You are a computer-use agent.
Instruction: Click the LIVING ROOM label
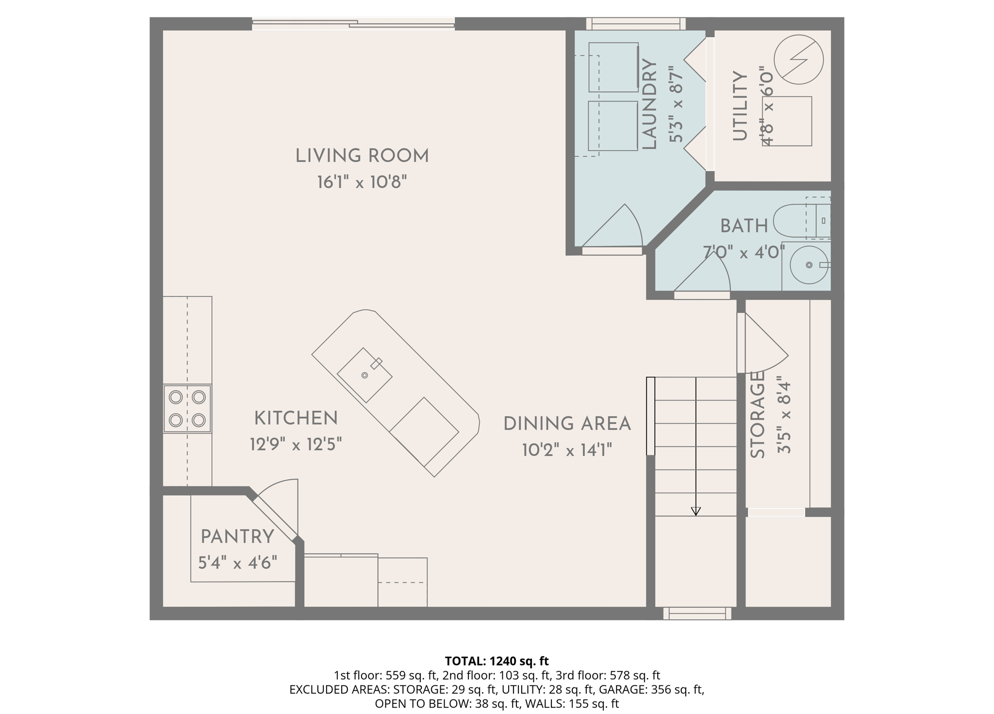tap(362, 156)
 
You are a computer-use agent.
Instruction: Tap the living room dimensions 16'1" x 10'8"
tap(362, 182)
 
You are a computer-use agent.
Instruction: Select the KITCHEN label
tap(296, 418)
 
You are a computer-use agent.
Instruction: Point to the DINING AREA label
tap(567, 424)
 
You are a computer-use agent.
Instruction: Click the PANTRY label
tap(237, 537)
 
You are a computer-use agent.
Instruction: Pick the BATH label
tap(744, 226)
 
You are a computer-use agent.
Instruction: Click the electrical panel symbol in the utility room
tap(798, 60)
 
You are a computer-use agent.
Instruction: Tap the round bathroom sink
tap(809, 265)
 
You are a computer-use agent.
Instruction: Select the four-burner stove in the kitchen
tap(187, 408)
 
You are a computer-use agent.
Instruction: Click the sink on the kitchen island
tap(364, 375)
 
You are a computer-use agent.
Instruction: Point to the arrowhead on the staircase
tap(696, 511)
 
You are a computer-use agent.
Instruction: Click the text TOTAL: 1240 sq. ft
tap(497, 661)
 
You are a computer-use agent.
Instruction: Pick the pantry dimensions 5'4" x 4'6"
tap(238, 563)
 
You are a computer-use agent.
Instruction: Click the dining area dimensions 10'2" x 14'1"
tap(567, 450)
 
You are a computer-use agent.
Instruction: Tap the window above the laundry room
tap(636, 24)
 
